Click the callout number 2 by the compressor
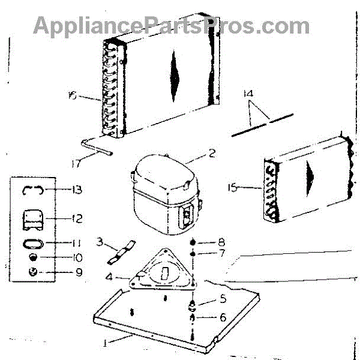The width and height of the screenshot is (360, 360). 211,154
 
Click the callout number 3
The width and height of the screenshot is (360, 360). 101,241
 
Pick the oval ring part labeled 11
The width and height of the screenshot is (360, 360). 32,244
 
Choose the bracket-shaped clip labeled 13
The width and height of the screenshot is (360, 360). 32,190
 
